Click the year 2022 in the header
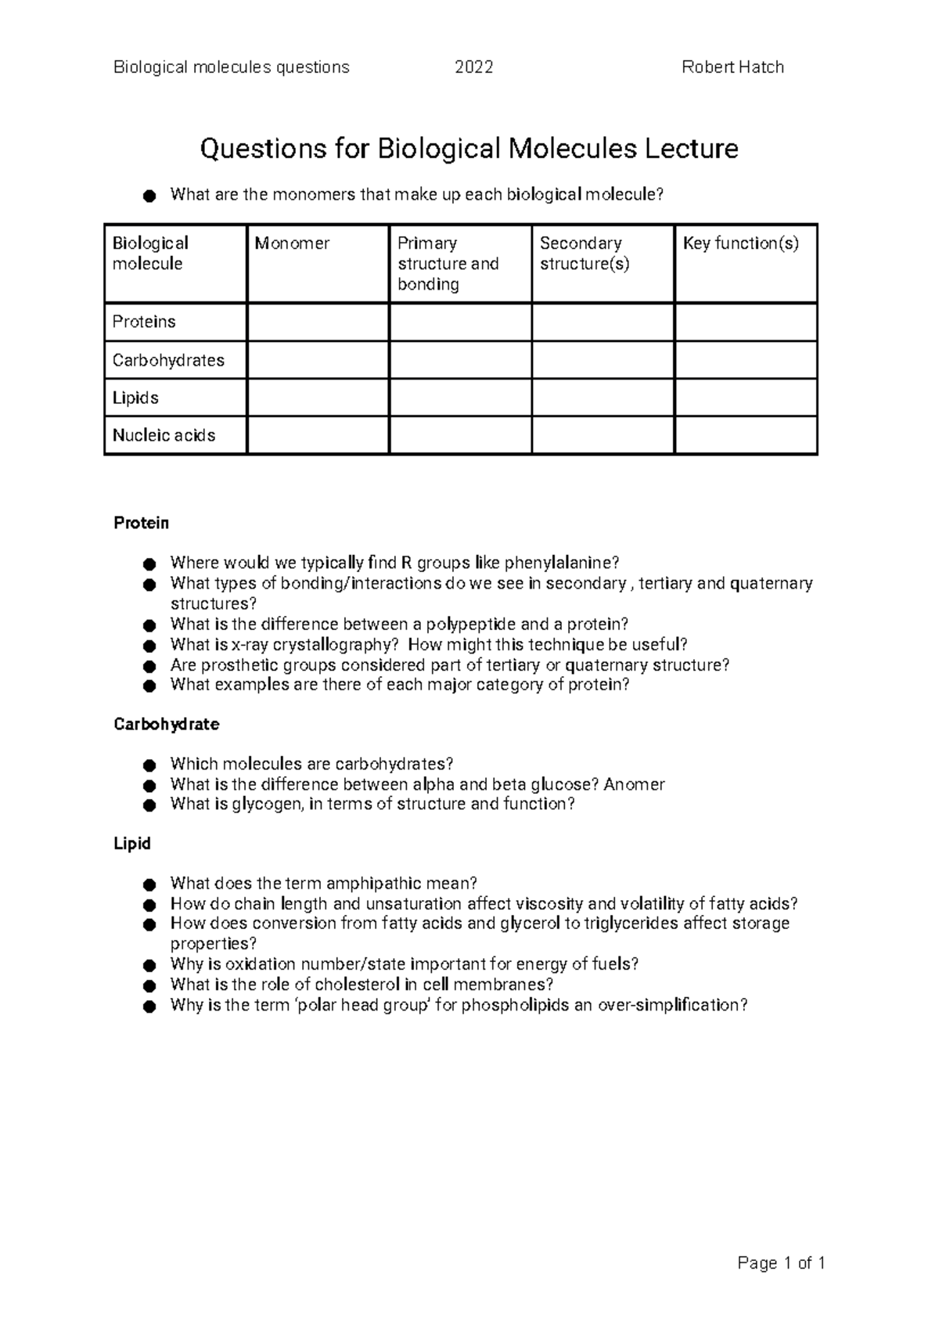473,67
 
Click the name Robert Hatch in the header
732,67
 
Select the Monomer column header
292,243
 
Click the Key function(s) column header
740,243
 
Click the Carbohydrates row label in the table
168,360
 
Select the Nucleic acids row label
164,435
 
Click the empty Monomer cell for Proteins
318,322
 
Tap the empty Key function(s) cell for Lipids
746,398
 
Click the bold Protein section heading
141,523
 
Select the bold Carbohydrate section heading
166,724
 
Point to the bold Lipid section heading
131,844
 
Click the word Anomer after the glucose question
634,784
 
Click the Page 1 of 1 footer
781,1262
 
